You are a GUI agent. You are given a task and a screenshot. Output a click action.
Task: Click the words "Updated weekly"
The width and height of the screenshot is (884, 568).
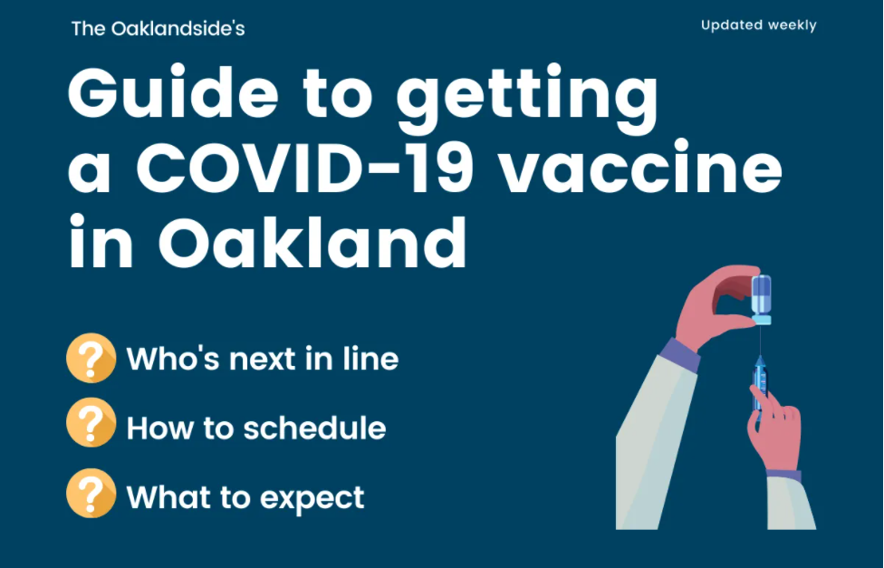pyautogui.click(x=758, y=25)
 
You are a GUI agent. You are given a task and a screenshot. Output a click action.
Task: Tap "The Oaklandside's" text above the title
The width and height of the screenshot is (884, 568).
pyautogui.click(x=158, y=29)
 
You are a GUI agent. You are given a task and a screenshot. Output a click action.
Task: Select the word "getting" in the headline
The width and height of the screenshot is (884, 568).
pyautogui.click(x=527, y=99)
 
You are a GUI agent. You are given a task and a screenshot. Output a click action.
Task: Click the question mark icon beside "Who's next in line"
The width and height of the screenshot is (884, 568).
pyautogui.click(x=91, y=358)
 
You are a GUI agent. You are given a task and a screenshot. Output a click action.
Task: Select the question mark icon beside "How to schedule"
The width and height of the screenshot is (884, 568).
pyautogui.click(x=91, y=422)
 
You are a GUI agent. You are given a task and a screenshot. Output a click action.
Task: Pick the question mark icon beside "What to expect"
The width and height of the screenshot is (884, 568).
pyautogui.click(x=91, y=493)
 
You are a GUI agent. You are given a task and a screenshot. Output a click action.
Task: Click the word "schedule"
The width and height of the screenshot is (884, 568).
pyautogui.click(x=314, y=428)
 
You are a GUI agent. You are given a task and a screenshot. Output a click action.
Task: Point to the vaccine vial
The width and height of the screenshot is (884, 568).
pyautogui.click(x=761, y=300)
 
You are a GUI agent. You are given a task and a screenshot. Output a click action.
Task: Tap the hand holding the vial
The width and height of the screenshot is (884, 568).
pyautogui.click(x=717, y=305)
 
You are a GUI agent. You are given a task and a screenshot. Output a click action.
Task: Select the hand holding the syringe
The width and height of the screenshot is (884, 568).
pyautogui.click(x=775, y=428)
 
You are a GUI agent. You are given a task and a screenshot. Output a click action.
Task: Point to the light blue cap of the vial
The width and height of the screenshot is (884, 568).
pyautogui.click(x=761, y=321)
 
